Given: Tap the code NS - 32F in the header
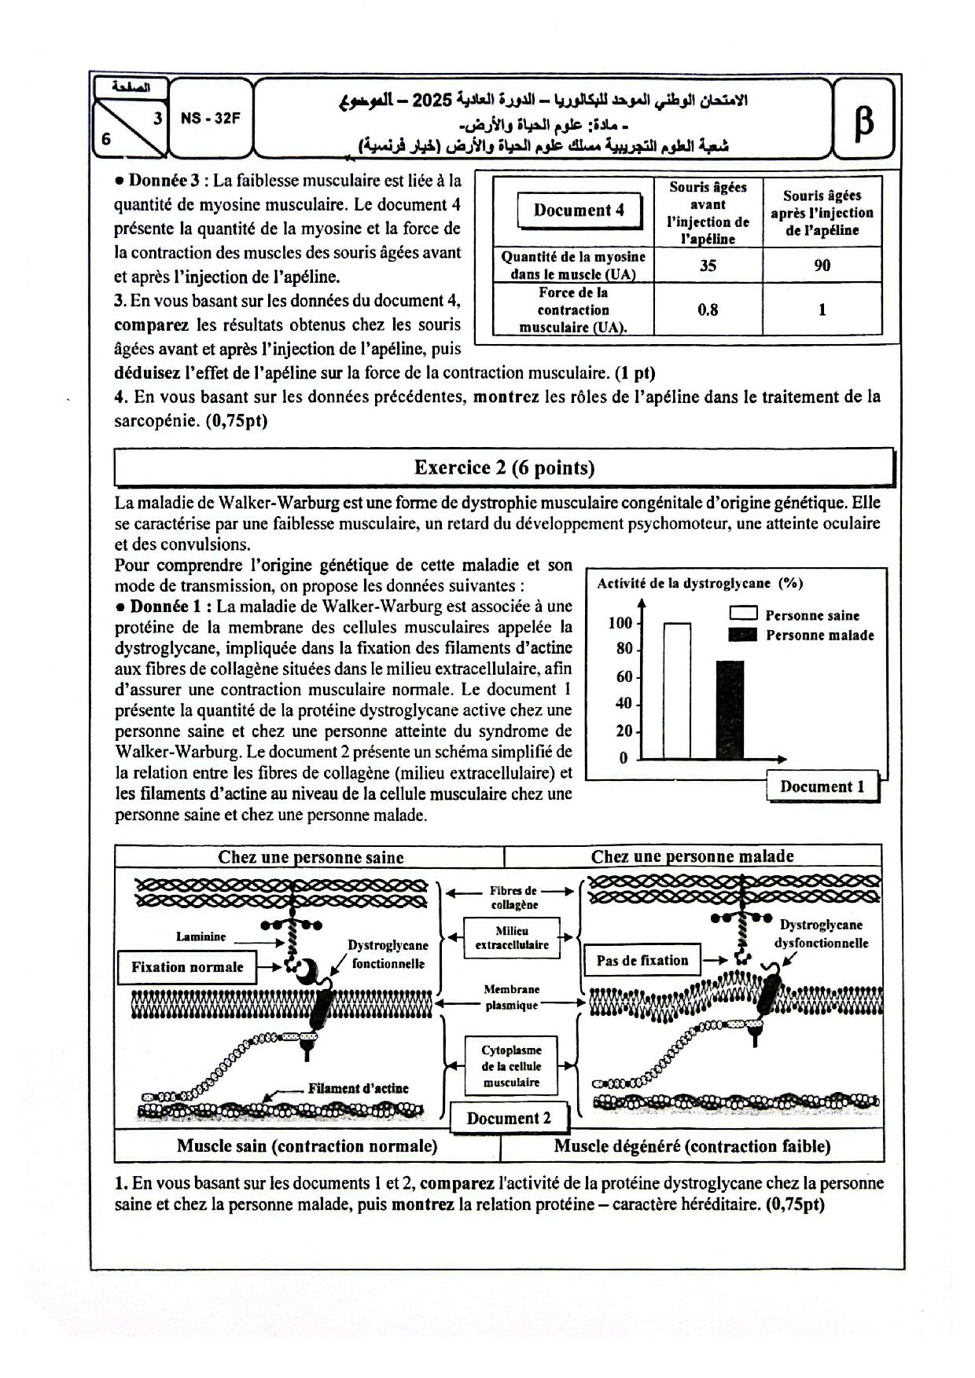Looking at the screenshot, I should [210, 119].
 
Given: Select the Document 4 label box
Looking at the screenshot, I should [579, 211].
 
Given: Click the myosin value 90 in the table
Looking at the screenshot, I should [822, 266].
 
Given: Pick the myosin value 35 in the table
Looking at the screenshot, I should [708, 266].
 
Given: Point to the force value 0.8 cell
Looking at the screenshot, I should [708, 310].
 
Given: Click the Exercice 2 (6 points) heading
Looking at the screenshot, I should [504, 468].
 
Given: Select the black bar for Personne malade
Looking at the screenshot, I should [730, 709].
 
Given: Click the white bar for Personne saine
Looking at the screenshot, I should [677, 691].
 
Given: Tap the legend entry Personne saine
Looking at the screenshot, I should [811, 616].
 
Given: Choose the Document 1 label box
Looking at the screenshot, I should [822, 787].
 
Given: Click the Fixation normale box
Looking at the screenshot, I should [187, 967].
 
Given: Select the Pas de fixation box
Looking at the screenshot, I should [642, 960].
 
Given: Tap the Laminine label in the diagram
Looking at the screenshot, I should [201, 936].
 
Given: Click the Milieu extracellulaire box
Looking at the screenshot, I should [512, 938].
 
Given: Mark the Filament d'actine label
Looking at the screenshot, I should [358, 1088].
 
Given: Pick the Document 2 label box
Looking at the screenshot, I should [509, 1119].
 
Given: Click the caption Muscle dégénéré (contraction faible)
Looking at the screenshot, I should [692, 1146].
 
